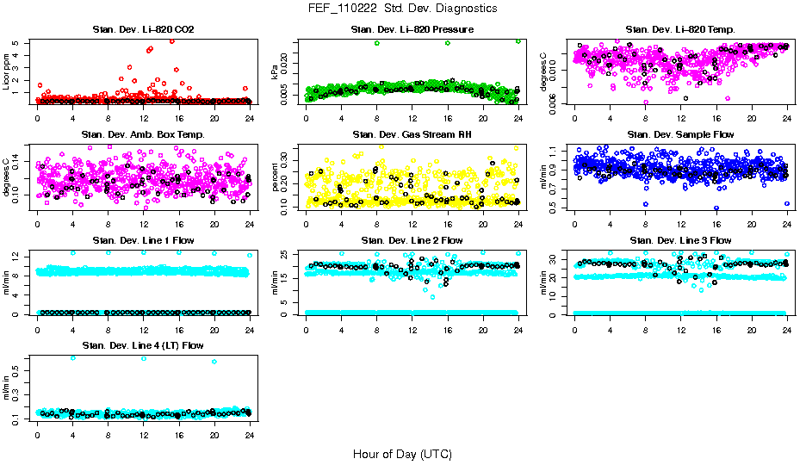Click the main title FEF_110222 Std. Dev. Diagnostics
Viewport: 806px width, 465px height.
(x=402, y=8)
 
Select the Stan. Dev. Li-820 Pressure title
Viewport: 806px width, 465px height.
(x=412, y=30)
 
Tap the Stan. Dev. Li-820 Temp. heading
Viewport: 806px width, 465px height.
(x=680, y=30)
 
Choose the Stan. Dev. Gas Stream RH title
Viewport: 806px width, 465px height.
(x=412, y=135)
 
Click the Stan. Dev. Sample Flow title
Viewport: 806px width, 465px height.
(x=680, y=135)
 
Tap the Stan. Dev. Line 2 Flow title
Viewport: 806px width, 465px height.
(x=412, y=240)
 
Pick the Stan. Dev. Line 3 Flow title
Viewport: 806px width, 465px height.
(x=680, y=240)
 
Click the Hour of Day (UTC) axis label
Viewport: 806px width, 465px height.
(x=402, y=453)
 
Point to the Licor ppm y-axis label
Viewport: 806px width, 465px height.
(x=7, y=71)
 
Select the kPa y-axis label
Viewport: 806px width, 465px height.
(x=276, y=71)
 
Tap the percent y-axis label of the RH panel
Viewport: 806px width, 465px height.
(x=276, y=177)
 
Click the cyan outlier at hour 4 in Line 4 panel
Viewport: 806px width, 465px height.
(x=72, y=357)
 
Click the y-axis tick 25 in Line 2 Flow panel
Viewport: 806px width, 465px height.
(x=288, y=253)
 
